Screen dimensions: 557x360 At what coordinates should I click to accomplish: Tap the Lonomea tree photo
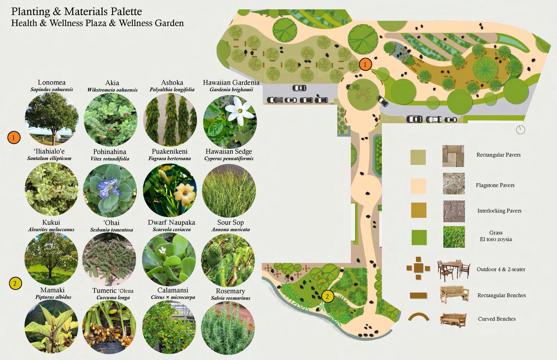point(52,119)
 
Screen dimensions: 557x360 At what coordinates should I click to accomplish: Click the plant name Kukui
point(51,222)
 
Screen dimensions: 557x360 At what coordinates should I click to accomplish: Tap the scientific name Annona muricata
point(230,230)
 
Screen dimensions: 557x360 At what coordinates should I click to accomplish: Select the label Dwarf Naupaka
point(171,222)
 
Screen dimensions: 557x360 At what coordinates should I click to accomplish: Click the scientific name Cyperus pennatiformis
point(229,159)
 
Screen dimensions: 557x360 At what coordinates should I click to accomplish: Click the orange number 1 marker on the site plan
point(365,64)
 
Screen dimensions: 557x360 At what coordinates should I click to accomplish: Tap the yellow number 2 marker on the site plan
point(327,296)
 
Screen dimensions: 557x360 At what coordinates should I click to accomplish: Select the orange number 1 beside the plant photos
point(14,138)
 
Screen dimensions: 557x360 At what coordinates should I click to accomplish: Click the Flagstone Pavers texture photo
point(454,184)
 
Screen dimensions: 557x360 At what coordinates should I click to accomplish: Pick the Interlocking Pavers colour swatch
point(418,210)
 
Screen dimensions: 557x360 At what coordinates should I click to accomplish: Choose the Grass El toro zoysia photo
point(454,237)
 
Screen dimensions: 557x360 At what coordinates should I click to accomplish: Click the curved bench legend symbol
point(418,317)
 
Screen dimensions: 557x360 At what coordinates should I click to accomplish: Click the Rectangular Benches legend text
point(501,295)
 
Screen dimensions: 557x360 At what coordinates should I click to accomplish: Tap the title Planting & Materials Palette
point(76,12)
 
